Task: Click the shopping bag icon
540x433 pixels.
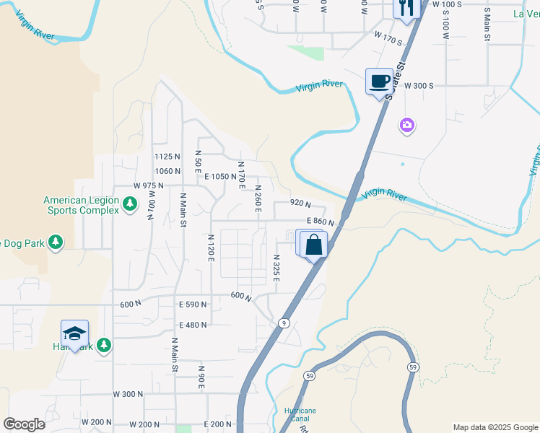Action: [x=314, y=244]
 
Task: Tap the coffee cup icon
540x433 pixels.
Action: [x=379, y=80]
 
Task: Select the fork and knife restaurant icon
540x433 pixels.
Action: [x=406, y=8]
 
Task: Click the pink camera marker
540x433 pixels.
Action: [x=407, y=126]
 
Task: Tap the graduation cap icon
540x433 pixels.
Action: [x=74, y=333]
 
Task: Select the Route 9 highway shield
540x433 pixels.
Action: [x=284, y=323]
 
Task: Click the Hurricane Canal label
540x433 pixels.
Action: [x=300, y=415]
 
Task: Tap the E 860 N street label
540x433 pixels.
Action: [x=321, y=222]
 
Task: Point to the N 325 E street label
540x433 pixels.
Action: [x=276, y=268]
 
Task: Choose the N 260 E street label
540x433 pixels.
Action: [x=257, y=198]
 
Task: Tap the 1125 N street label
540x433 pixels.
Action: [x=166, y=157]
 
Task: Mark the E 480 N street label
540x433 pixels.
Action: [x=193, y=325]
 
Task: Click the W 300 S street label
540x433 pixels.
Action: [x=419, y=85]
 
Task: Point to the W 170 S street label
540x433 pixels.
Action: [x=388, y=33]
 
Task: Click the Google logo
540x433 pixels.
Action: [x=24, y=424]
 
